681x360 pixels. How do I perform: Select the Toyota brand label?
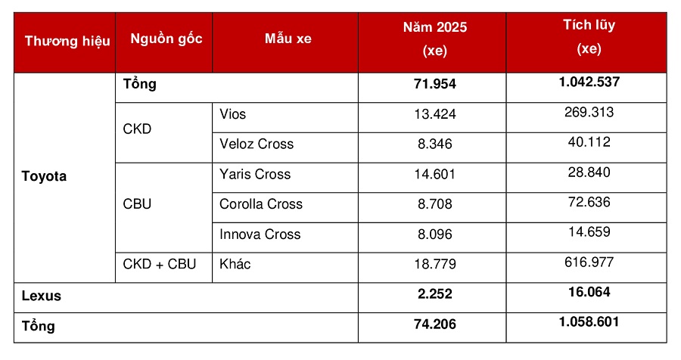(x=45, y=176)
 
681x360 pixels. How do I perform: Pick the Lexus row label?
(x=42, y=296)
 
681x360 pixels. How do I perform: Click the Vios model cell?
(x=233, y=114)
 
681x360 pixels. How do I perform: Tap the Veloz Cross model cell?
(x=257, y=144)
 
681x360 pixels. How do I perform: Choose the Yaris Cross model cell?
(x=255, y=174)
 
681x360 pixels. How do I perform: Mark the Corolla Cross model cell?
(x=261, y=203)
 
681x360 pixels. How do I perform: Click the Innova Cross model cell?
(x=260, y=234)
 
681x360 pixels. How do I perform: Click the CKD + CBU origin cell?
(x=160, y=264)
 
